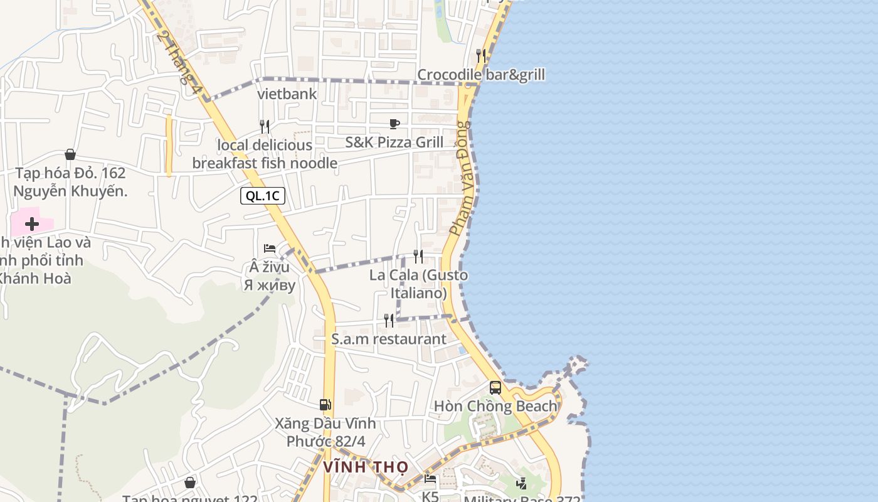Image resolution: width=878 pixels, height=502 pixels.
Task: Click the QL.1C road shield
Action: [x=263, y=196]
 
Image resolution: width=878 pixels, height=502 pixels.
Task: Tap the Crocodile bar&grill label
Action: [x=481, y=75]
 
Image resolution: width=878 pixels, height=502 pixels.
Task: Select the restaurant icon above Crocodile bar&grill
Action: [x=481, y=55]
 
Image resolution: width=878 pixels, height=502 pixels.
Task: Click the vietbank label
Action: [x=287, y=94]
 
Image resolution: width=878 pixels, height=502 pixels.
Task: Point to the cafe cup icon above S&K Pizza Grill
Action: [x=394, y=124]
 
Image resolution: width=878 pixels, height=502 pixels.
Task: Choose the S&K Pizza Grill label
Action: [x=394, y=142]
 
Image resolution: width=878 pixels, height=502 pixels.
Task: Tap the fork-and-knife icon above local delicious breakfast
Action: [x=265, y=127]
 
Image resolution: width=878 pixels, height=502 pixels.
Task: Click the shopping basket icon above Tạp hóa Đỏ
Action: [x=70, y=154]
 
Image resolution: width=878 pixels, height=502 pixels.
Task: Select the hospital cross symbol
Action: [x=32, y=224]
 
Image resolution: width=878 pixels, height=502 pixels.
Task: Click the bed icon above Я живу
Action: [x=270, y=248]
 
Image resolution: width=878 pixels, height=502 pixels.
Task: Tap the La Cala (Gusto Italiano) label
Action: [x=418, y=284]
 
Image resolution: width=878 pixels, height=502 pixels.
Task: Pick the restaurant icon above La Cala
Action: [x=418, y=256]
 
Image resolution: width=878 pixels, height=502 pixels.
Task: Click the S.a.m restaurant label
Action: [x=389, y=339]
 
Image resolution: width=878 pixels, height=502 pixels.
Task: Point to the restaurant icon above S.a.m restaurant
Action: [x=389, y=321]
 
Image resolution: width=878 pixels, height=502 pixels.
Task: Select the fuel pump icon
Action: [x=325, y=405]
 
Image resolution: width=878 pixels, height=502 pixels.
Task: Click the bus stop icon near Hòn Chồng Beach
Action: [x=495, y=387]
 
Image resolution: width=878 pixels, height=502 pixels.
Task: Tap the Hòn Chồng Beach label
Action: [x=495, y=406]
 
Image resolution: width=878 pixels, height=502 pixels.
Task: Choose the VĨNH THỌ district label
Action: [x=366, y=467]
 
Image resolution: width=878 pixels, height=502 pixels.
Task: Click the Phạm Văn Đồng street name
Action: [x=459, y=179]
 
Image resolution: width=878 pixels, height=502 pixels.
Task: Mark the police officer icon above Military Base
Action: [x=522, y=483]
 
